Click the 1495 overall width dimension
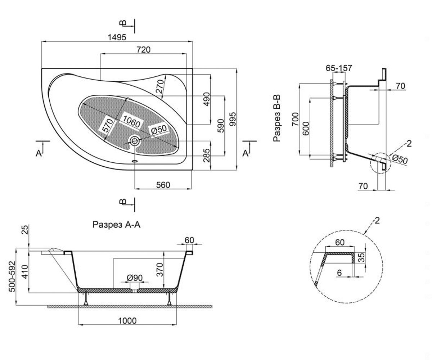click(117, 37)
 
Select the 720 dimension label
click(144, 50)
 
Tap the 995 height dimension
click(233, 119)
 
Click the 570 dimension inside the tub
click(108, 125)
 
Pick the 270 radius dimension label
click(160, 86)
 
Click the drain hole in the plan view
click(135, 141)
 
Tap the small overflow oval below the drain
click(135, 161)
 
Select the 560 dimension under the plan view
click(163, 185)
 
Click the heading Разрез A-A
click(116, 225)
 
